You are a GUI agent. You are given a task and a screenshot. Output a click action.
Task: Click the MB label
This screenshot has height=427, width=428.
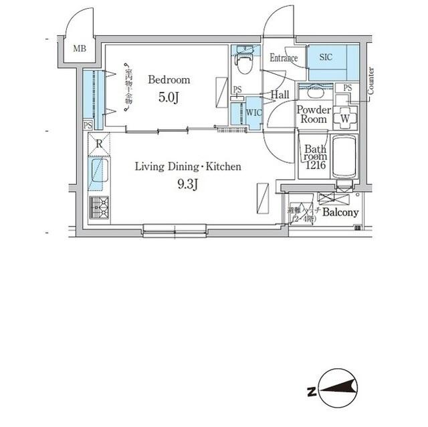coord(80,48)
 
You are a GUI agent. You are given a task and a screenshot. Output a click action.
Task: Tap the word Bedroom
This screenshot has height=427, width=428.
coord(169,80)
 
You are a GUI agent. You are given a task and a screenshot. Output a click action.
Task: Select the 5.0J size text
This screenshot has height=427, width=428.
coord(169,98)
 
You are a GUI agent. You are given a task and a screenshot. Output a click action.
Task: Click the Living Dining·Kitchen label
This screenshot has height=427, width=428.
coord(188,166)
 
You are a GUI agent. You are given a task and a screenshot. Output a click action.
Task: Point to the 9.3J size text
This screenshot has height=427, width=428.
coord(188,184)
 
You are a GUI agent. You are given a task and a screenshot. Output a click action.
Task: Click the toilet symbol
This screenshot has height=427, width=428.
coord(244,64)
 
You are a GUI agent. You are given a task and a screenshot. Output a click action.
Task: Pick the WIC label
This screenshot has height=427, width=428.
coord(253,112)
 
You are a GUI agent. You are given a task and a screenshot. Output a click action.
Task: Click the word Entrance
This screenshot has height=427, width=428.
coord(284,58)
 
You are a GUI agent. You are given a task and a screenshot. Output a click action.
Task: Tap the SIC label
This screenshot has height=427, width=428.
coord(326,57)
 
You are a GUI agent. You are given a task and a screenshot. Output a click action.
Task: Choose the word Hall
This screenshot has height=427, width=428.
coord(280,95)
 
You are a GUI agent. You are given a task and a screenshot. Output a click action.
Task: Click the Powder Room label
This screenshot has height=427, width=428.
coord(312,114)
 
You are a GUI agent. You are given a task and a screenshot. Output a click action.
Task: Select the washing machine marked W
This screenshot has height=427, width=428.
coord(345,118)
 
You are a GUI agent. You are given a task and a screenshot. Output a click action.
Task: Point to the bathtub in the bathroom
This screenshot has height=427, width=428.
coord(344,158)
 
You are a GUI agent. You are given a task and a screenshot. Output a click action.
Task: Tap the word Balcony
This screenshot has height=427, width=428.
coord(340,212)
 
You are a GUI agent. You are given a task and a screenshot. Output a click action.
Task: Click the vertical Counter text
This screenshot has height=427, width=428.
coord(370,80)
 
